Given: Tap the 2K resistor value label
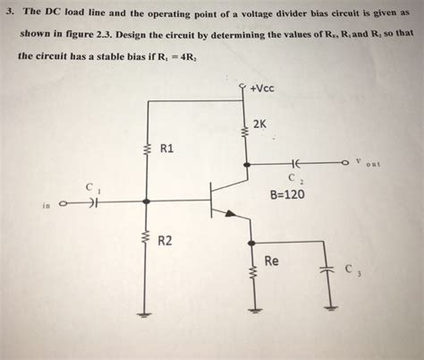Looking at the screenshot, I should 260,124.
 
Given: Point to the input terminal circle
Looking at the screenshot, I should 63,203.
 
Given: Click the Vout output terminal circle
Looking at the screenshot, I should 344,165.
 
